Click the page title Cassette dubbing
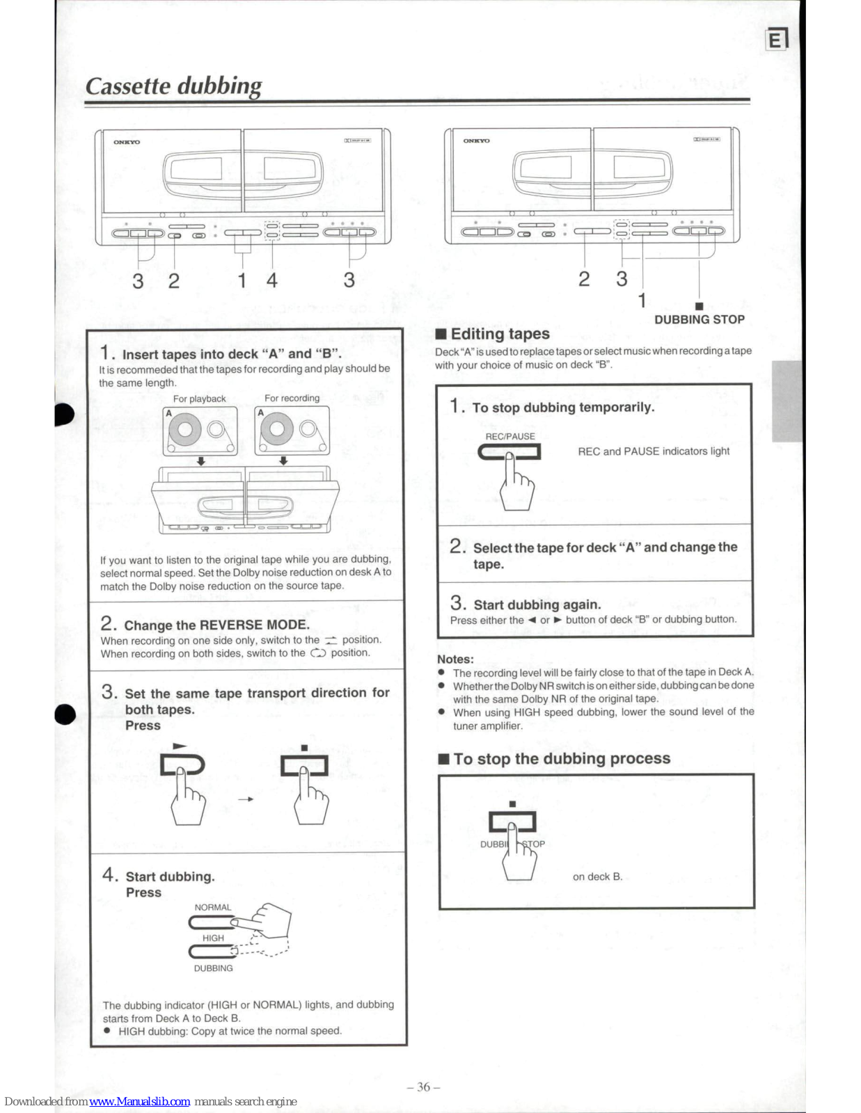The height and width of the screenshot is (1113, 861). (x=173, y=86)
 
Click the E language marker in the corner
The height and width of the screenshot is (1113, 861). (x=776, y=40)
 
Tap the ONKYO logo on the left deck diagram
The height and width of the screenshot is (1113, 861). (x=127, y=142)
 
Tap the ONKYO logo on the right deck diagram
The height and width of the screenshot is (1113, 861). (x=476, y=141)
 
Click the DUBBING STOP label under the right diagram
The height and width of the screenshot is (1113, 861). (x=699, y=319)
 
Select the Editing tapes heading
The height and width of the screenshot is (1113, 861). (x=500, y=334)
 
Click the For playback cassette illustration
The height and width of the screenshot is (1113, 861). (x=200, y=431)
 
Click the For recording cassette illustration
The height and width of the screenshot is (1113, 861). (x=292, y=431)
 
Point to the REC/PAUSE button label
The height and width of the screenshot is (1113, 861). (x=510, y=436)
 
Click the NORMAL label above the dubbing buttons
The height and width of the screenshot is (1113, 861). (x=213, y=907)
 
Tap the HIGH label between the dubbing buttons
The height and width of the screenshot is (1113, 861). (x=213, y=938)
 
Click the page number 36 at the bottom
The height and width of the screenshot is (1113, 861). (x=423, y=1087)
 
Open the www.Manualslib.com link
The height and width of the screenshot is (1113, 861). (x=139, y=1101)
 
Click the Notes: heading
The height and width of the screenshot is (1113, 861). (x=455, y=659)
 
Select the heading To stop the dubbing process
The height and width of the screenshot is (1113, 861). (x=561, y=758)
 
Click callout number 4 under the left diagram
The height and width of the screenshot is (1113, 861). (x=272, y=280)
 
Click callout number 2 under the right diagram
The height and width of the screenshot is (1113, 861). (x=584, y=279)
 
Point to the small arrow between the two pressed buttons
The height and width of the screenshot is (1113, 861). (x=245, y=799)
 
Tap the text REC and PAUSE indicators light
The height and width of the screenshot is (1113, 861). (x=654, y=451)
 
